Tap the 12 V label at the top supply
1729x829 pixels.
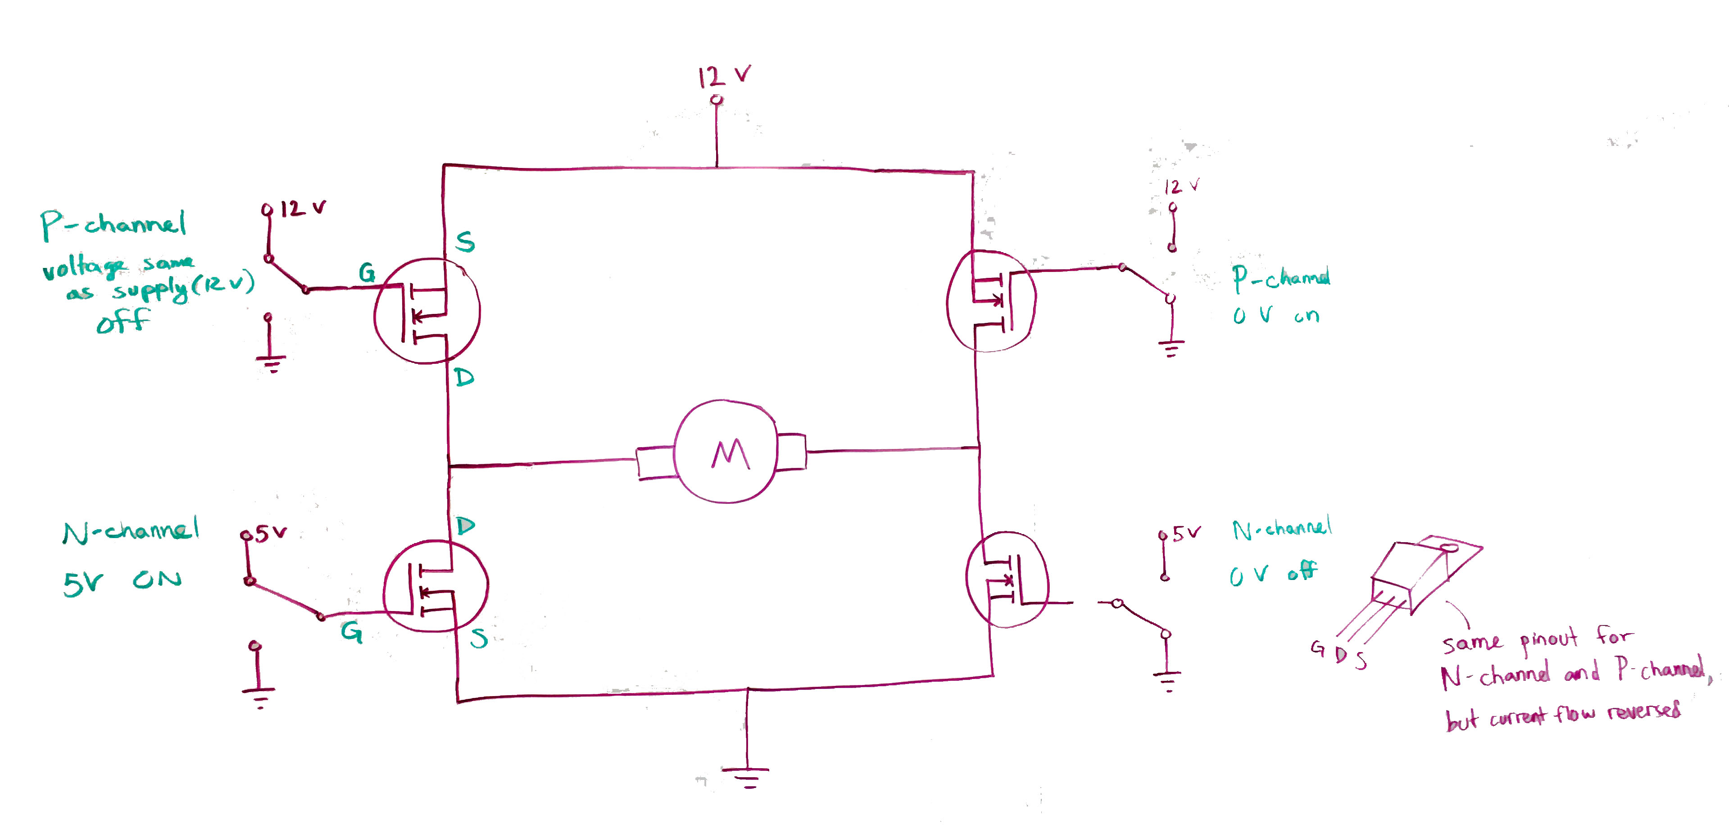click(724, 76)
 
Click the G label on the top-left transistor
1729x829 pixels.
click(367, 272)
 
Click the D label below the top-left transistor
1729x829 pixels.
click(464, 377)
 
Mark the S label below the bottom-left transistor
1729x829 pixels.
click(479, 639)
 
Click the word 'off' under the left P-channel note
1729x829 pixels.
click(123, 322)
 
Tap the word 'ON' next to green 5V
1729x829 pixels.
click(157, 579)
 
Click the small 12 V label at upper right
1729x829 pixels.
click(1181, 186)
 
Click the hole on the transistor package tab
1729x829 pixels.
click(1449, 548)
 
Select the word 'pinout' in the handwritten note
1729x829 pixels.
click(1548, 640)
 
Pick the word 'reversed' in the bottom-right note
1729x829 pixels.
click(1644, 710)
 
